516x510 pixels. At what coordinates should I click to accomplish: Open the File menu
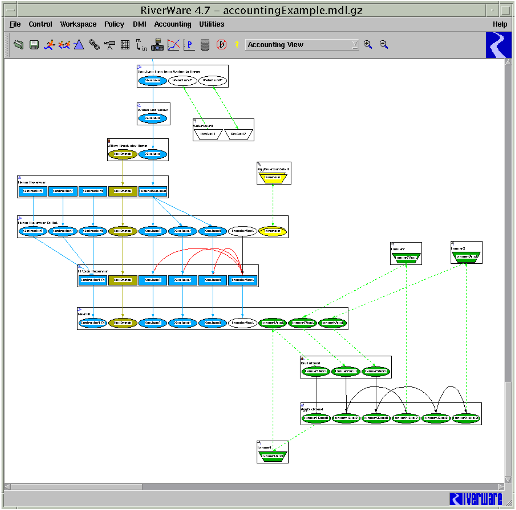click(15, 24)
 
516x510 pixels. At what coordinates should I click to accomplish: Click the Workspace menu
click(78, 24)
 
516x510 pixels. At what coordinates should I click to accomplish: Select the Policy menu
click(114, 24)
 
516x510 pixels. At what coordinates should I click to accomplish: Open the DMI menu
click(140, 24)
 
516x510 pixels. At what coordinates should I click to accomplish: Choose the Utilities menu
click(211, 24)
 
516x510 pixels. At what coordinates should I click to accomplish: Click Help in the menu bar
click(500, 24)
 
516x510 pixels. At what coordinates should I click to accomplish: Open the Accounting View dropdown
click(355, 45)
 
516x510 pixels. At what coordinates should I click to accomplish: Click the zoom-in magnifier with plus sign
click(368, 44)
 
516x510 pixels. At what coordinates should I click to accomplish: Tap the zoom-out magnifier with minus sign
click(384, 44)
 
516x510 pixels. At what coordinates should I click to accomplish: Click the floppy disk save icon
click(34, 45)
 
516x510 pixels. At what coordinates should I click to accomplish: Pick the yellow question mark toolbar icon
click(237, 45)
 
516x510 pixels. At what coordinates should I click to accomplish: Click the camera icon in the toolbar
click(157, 45)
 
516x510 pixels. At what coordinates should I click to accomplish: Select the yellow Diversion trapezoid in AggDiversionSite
click(272, 178)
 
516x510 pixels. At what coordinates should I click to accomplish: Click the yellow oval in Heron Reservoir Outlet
click(272, 231)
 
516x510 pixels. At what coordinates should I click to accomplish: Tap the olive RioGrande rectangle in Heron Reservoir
click(122, 191)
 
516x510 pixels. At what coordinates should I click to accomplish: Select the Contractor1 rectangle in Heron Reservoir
click(33, 191)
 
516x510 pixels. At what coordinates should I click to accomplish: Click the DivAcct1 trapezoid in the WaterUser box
click(208, 134)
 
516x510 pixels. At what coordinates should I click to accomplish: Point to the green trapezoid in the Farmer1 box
click(272, 456)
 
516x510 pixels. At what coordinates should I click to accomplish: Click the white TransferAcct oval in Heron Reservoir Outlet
click(243, 231)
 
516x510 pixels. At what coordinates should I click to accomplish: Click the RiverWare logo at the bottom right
click(476, 499)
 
